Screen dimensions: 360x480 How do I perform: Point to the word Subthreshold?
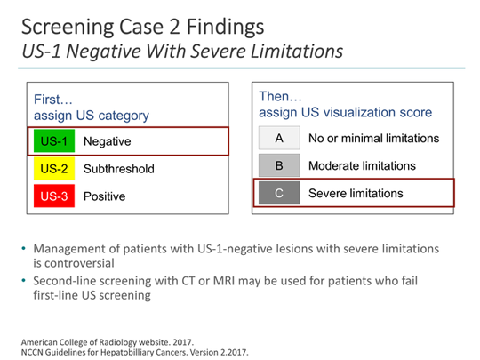[x=119, y=168]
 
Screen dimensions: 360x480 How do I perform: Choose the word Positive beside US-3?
[x=105, y=196]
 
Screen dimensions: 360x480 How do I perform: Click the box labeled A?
[x=277, y=139]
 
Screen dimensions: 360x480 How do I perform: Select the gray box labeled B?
[x=277, y=166]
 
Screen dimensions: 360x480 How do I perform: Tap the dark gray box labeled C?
[x=277, y=194]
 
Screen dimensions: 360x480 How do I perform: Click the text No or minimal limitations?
[x=373, y=139]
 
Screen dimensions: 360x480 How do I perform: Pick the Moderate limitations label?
[x=362, y=166]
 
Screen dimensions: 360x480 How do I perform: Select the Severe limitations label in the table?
[x=356, y=194]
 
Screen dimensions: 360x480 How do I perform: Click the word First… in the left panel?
[x=52, y=99]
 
